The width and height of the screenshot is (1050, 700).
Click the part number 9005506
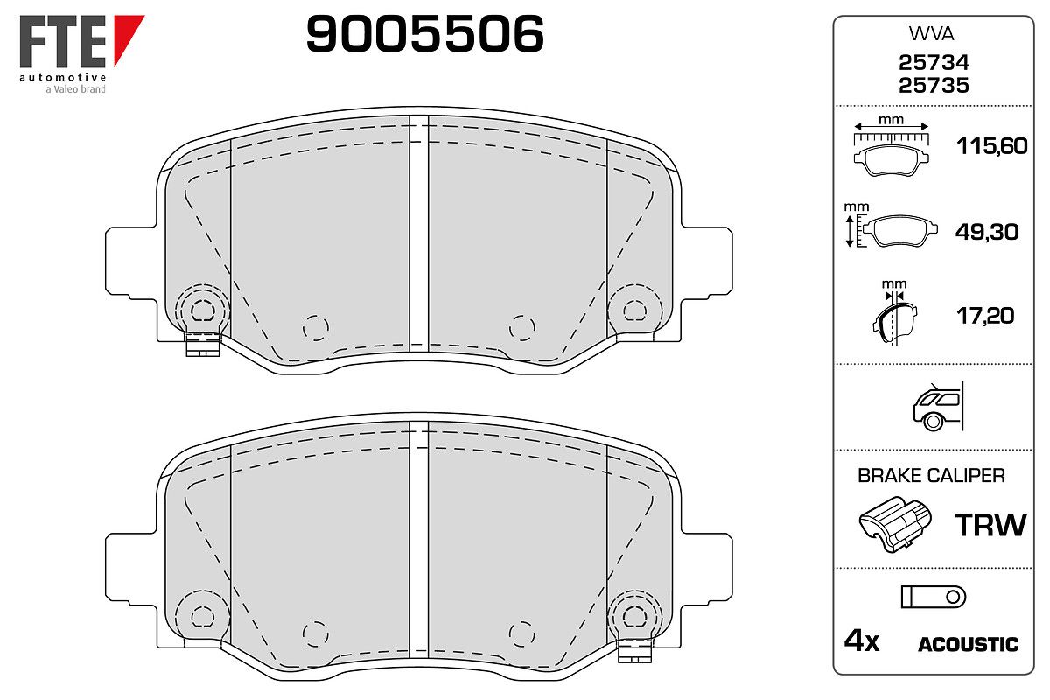[424, 34]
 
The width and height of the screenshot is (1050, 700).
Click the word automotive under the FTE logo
[63, 77]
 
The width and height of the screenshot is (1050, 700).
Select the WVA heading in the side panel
[931, 34]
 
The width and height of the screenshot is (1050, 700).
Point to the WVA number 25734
[934, 62]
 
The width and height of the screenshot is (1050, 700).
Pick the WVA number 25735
[934, 86]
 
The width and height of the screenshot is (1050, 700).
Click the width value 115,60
[992, 146]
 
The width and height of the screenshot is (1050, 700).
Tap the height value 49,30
[987, 232]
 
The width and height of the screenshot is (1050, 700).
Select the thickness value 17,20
[985, 316]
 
